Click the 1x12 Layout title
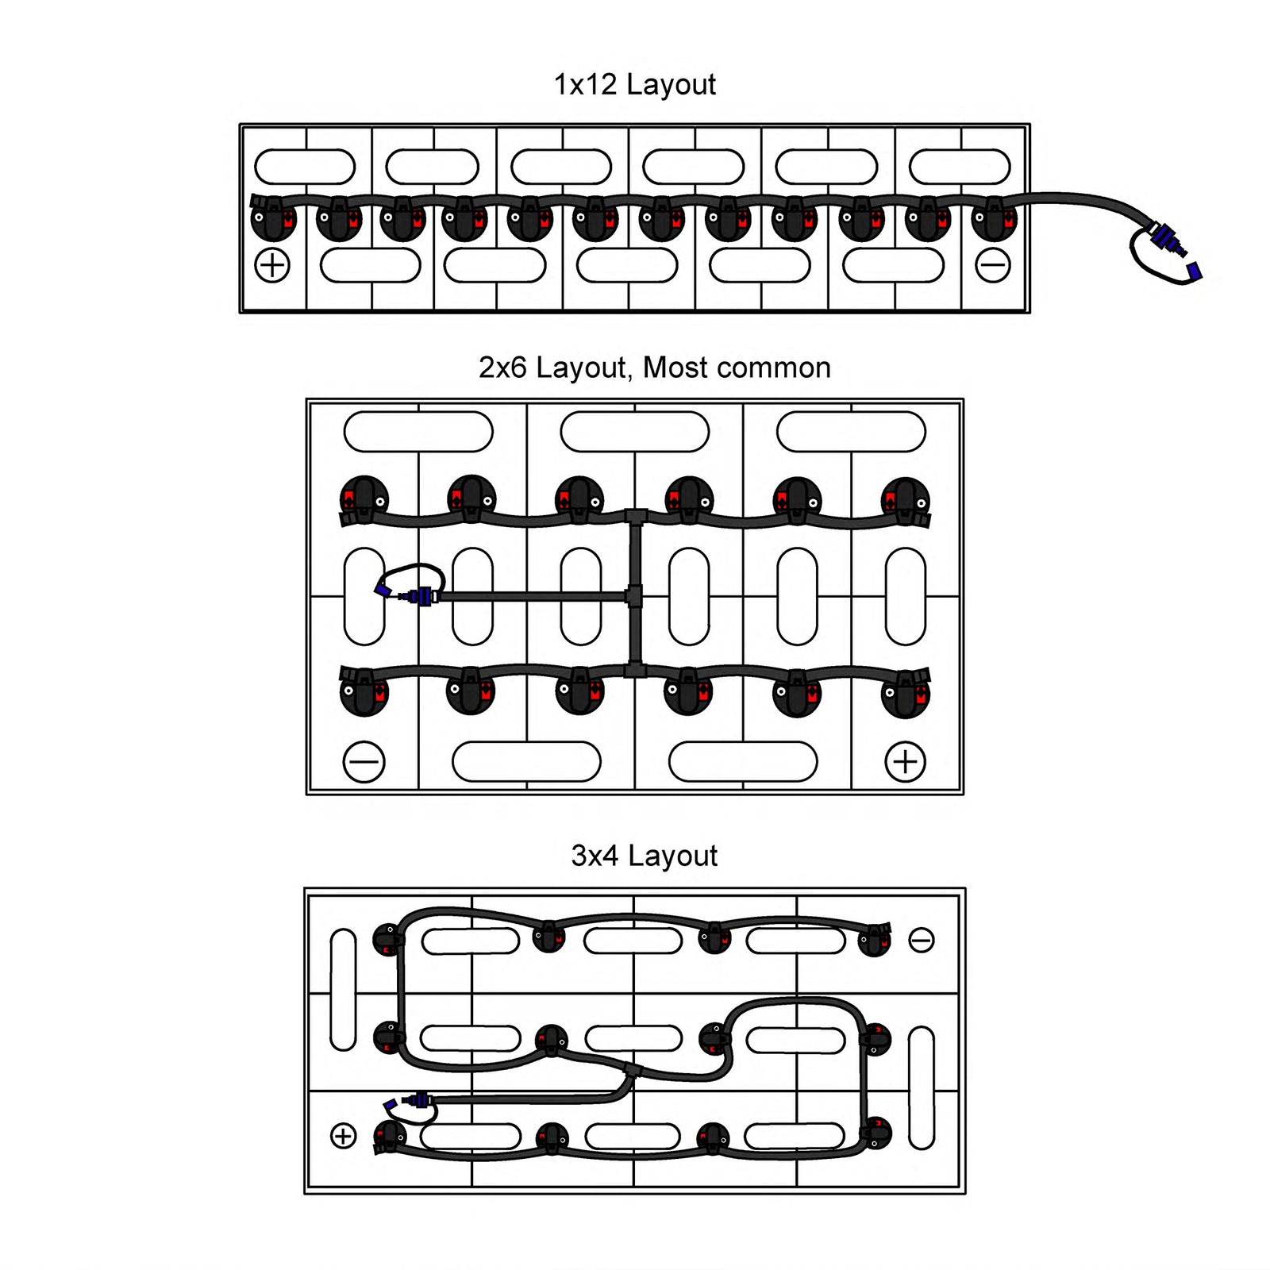click(x=634, y=84)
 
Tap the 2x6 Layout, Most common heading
click(x=654, y=368)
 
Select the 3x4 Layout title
click(x=644, y=856)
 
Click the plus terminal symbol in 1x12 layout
click(x=272, y=265)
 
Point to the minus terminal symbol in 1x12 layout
click(x=992, y=265)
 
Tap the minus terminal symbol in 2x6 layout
click(x=364, y=762)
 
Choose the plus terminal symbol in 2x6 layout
click(x=905, y=762)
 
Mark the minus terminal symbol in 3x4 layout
click(x=921, y=941)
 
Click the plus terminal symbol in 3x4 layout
click(x=343, y=1136)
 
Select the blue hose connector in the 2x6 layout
click(x=421, y=595)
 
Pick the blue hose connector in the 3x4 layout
click(x=418, y=1100)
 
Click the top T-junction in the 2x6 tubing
click(x=635, y=518)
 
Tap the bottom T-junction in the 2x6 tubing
click(x=635, y=671)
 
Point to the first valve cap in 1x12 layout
click(x=273, y=218)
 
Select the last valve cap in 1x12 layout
click(x=994, y=218)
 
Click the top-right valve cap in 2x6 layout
click(x=905, y=500)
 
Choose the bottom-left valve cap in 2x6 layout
click(x=364, y=693)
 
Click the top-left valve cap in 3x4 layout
click(x=388, y=941)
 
